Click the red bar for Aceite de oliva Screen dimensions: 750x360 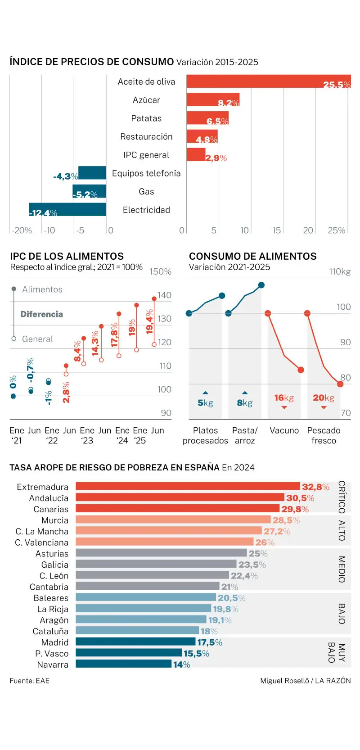pos(268,81)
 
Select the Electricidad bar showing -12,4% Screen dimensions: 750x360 pos(67,210)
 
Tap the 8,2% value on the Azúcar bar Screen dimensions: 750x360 pos(229,103)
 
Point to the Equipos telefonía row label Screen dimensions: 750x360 pos(146,173)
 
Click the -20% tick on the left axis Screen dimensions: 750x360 pos(22,230)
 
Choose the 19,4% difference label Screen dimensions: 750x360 pos(149,321)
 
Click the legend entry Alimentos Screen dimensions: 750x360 pos(42,289)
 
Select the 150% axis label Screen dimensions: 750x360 pos(160,271)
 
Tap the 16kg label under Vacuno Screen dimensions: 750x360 pos(284,398)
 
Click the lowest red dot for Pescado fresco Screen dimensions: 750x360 pos(340,384)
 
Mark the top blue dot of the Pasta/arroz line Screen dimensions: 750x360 pos(261,285)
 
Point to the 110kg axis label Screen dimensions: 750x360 pos(340,271)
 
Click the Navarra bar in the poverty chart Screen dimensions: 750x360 pos(123,664)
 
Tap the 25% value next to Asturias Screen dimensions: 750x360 pos(258,554)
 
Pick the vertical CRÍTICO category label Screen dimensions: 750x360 pos(342,497)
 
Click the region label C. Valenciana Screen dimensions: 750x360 pos(41,543)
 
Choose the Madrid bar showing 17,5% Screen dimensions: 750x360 pos(135,642)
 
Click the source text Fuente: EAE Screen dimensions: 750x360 pos(30,681)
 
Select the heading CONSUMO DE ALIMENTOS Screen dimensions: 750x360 pos(252,256)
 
